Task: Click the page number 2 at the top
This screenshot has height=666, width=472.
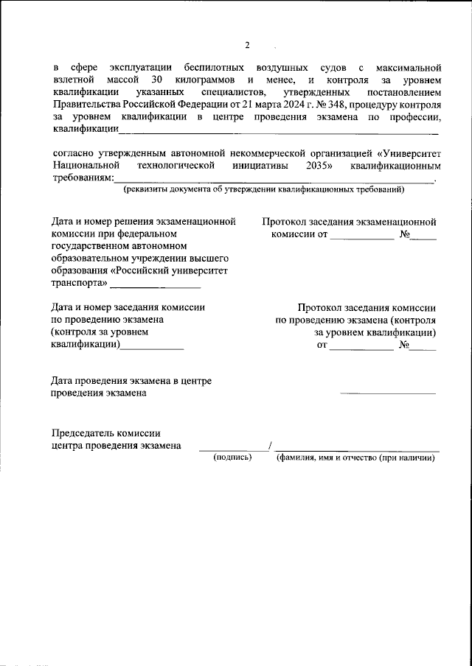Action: pos(247,46)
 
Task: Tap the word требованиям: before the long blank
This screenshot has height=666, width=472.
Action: pos(83,178)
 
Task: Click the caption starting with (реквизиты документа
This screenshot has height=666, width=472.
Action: pos(263,189)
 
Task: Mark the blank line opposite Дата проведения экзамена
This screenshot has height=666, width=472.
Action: pos(387,391)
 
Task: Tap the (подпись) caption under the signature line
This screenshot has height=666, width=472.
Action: pos(232,458)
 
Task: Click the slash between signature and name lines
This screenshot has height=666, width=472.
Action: pos(271,446)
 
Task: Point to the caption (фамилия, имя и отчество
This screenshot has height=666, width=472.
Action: pos(355,458)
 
